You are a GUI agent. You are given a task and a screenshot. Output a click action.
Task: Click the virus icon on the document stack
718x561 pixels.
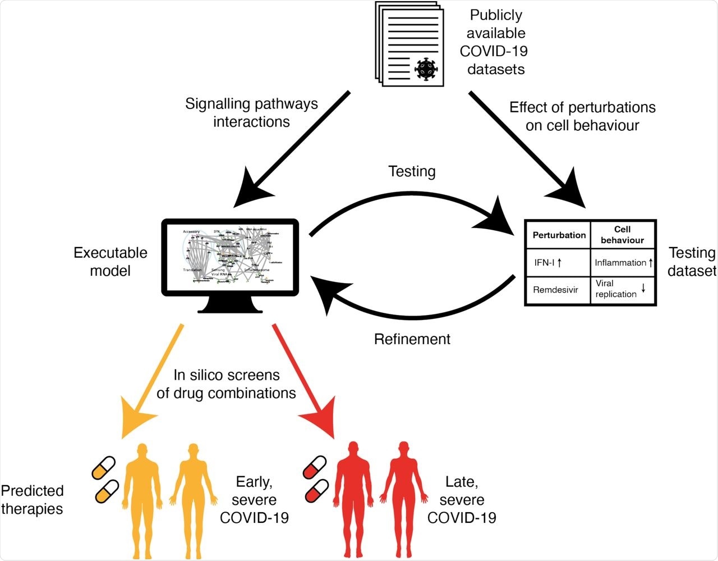(x=426, y=69)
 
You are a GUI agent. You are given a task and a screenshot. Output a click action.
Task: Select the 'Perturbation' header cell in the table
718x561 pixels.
(x=559, y=235)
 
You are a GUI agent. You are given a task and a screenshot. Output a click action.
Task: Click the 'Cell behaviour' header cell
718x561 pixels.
(x=622, y=235)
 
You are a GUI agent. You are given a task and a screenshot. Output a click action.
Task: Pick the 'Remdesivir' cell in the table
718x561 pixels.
(x=555, y=290)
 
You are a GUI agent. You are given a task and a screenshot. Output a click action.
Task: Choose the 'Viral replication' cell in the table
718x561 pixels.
(x=621, y=289)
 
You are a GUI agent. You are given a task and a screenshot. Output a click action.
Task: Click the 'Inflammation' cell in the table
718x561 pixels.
(x=623, y=262)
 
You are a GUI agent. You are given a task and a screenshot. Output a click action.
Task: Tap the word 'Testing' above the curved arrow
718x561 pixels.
(x=412, y=171)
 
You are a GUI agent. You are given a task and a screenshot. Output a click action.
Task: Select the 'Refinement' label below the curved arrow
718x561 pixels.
(x=412, y=339)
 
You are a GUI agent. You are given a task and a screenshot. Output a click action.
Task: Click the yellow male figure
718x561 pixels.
(x=142, y=494)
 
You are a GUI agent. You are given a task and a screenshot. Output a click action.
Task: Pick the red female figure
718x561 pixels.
(x=403, y=494)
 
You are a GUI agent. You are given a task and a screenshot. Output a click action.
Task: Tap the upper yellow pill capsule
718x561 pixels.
(x=104, y=468)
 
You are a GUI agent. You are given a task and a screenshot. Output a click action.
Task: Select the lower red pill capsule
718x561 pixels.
(x=316, y=491)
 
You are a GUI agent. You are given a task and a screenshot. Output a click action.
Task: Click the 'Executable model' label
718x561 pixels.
(x=111, y=262)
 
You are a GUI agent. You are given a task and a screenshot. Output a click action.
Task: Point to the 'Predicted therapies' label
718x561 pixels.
(x=32, y=500)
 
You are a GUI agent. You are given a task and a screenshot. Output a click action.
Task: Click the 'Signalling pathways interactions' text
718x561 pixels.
(x=251, y=113)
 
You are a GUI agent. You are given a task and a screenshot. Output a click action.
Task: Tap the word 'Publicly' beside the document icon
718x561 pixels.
(x=496, y=15)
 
